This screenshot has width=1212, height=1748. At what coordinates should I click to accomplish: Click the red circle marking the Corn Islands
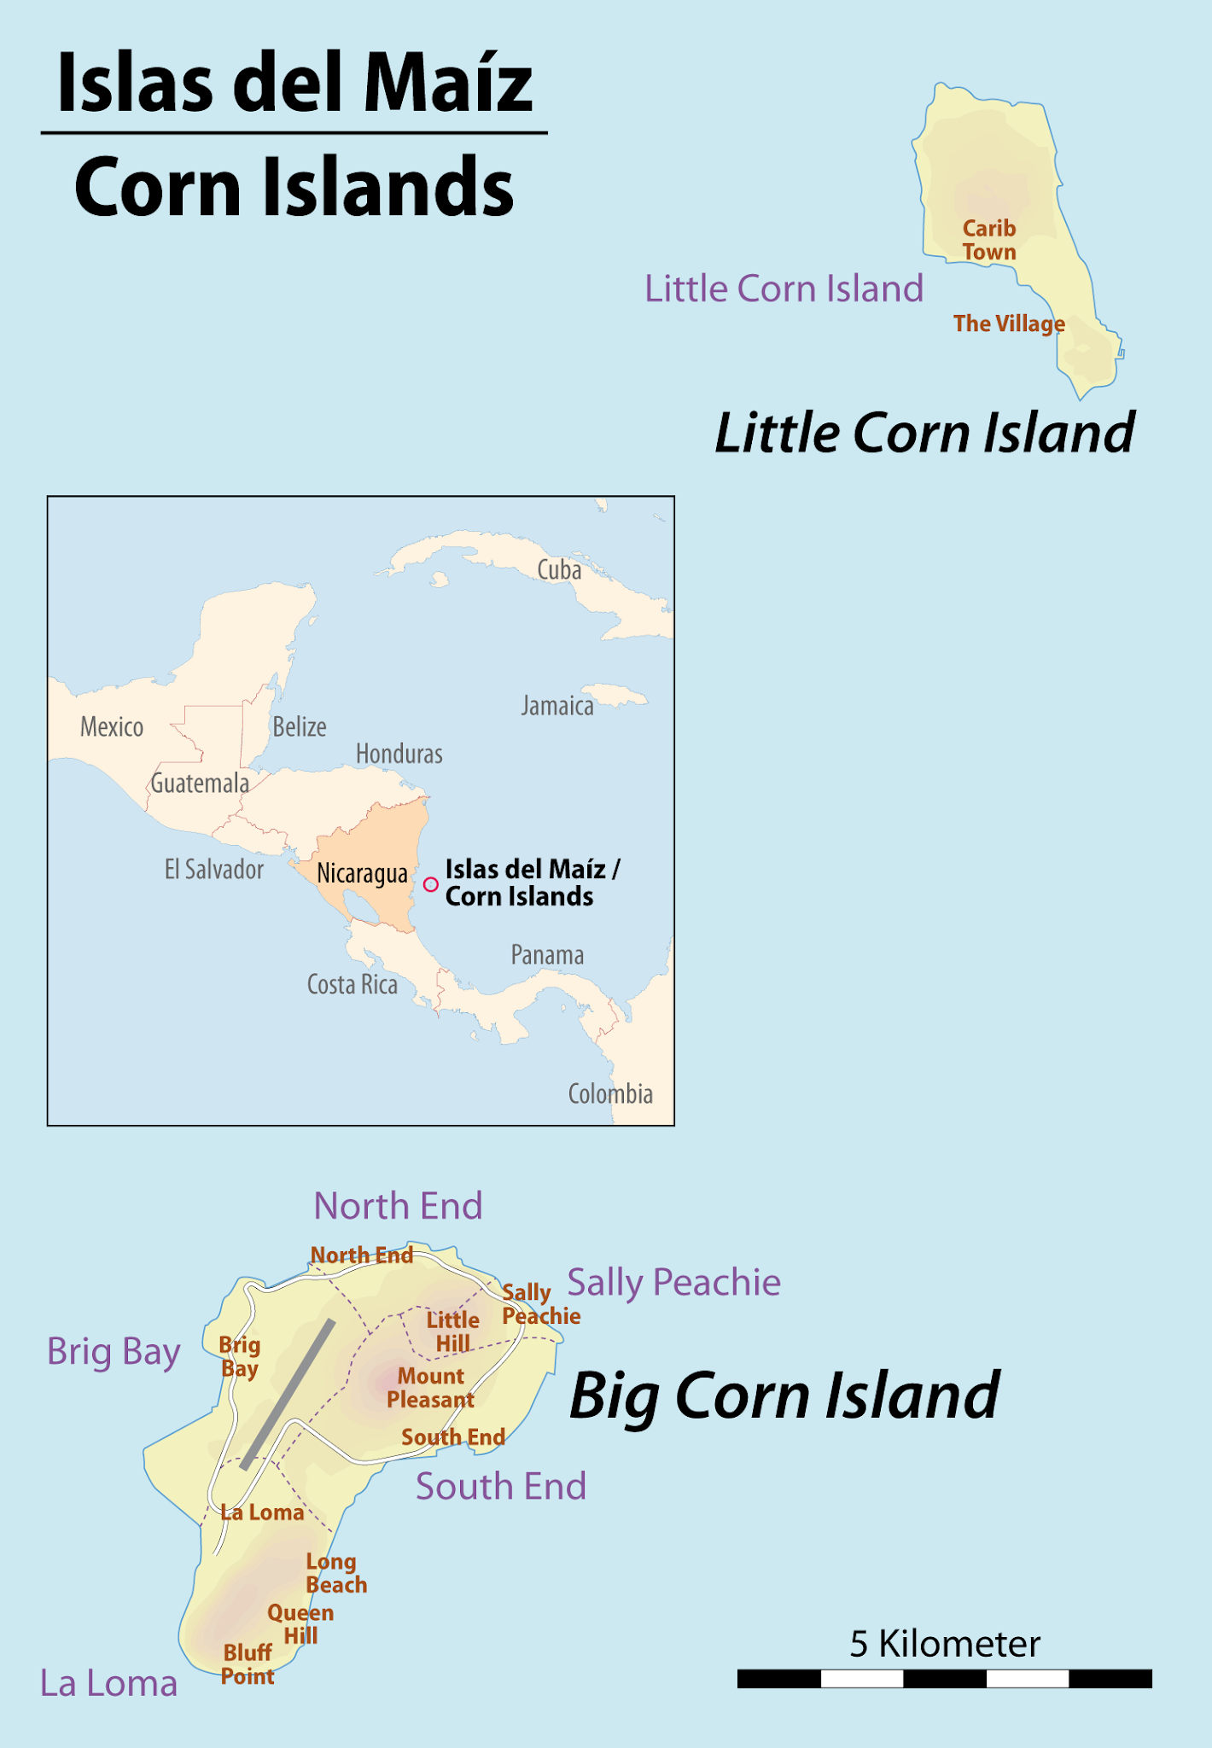click(x=431, y=884)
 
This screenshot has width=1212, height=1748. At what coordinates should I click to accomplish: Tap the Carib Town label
click(x=989, y=240)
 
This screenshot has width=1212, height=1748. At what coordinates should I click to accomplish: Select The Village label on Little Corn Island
click(x=1009, y=323)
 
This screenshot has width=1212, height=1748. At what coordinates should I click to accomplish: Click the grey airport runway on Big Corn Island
click(x=288, y=1394)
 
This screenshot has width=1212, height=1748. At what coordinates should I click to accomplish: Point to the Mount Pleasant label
click(x=430, y=1388)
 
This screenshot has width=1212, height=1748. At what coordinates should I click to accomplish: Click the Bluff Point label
click(x=248, y=1664)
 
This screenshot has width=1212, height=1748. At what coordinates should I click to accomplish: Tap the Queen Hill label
click(x=300, y=1624)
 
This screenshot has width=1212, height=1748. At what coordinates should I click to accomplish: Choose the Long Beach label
click(x=335, y=1573)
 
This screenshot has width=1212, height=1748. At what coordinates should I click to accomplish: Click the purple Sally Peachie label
click(x=673, y=1282)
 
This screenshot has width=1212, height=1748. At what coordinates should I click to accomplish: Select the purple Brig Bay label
click(x=114, y=1352)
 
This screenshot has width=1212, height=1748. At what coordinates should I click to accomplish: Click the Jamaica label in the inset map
click(x=557, y=706)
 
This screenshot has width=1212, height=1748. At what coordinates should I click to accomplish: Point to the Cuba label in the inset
click(x=559, y=570)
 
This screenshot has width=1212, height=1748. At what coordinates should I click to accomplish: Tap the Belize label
click(x=300, y=727)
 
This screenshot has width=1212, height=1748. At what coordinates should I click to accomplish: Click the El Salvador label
click(x=213, y=870)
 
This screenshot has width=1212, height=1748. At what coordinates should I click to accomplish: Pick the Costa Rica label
click(x=352, y=985)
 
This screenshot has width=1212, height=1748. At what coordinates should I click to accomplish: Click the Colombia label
click(x=610, y=1094)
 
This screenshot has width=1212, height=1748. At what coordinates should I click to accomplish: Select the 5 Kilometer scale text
click(x=944, y=1644)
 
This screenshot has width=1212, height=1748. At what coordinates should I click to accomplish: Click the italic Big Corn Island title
click(x=784, y=1396)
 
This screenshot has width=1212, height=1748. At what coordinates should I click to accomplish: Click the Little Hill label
click(x=452, y=1331)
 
